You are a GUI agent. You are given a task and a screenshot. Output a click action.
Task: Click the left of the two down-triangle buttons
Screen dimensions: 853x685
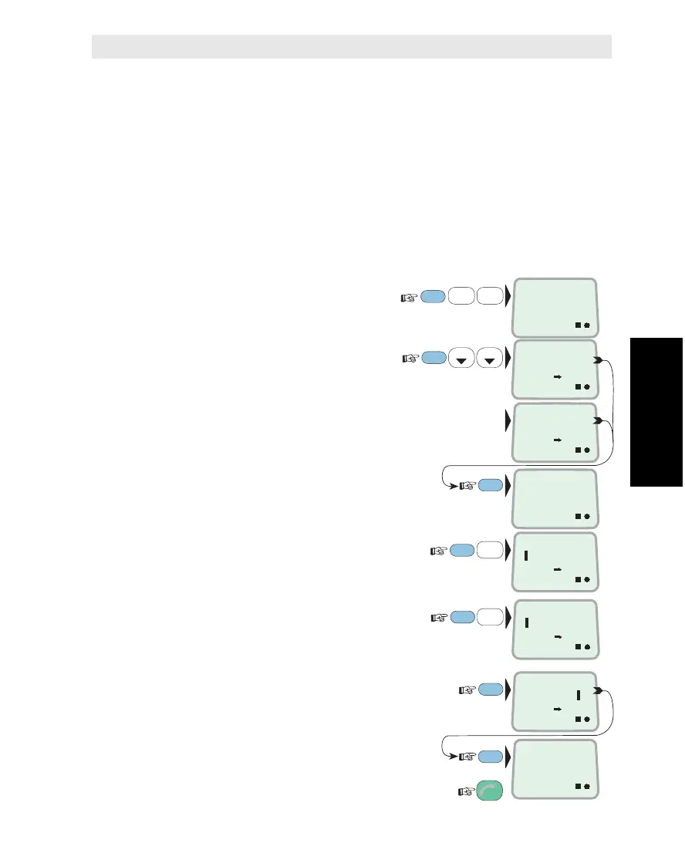[x=461, y=358]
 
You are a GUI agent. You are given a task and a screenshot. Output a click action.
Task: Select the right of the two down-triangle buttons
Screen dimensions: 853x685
[x=488, y=358]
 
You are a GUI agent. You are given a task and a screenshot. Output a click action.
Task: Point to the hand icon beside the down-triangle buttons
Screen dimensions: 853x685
[x=410, y=358]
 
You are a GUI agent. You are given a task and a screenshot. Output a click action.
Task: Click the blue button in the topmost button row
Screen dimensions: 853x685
[x=435, y=295]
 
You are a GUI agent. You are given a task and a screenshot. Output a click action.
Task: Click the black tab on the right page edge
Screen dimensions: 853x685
[x=656, y=412]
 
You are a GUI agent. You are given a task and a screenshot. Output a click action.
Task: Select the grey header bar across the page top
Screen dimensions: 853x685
[x=352, y=46]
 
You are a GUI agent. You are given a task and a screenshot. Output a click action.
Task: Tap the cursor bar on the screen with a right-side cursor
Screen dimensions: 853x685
[x=578, y=695]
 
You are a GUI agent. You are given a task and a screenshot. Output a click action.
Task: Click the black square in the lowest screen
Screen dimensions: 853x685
[x=577, y=786]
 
